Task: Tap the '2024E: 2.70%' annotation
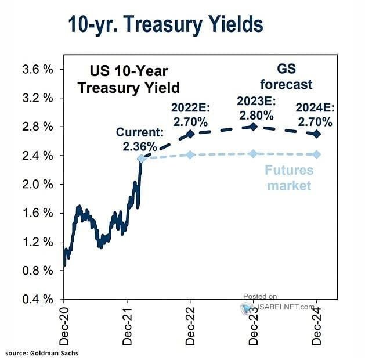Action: click(314, 115)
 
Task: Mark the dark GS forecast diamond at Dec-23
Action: click(253, 127)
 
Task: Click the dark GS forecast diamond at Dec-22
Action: click(190, 134)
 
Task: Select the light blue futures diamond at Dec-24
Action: click(316, 154)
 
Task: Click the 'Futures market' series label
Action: click(288, 178)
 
